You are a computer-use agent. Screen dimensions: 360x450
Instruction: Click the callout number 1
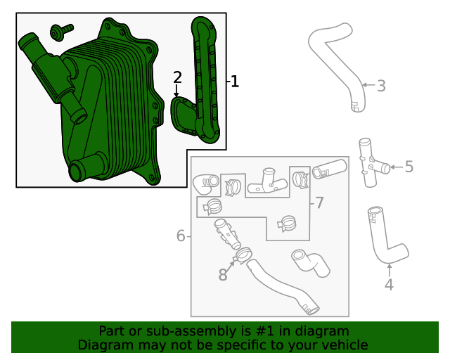[234, 82]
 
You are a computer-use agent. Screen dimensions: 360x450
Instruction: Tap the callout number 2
[177, 77]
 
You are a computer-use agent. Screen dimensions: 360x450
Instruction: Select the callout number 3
[381, 86]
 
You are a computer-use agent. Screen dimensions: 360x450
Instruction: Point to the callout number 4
[389, 285]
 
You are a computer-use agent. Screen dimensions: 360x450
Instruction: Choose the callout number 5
[409, 167]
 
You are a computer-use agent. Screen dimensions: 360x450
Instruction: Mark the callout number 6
[181, 236]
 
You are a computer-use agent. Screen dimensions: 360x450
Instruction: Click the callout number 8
[223, 275]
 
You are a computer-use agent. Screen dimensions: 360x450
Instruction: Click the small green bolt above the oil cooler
[61, 31]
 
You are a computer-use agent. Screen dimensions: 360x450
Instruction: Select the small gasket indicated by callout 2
[186, 112]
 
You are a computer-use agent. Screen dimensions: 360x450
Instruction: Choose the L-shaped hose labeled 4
[383, 239]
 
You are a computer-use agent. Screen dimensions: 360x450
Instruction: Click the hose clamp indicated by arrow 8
[244, 255]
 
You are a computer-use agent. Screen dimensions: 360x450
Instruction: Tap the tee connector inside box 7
[269, 182]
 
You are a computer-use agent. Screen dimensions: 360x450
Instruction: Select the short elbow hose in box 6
[307, 263]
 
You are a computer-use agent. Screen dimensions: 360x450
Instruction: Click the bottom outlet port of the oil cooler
[79, 171]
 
